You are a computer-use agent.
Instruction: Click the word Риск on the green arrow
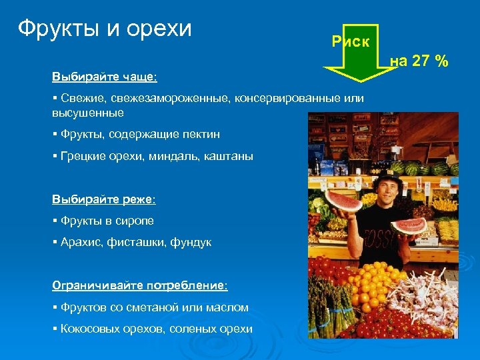[350, 42]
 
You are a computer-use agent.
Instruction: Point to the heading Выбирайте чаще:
[105, 77]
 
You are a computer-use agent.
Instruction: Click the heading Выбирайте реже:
[103, 199]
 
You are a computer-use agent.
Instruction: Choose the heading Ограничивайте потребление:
[140, 285]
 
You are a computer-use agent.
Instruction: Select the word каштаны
[231, 156]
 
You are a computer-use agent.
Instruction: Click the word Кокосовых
[86, 329]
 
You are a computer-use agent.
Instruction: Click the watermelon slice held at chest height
[409, 225]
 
